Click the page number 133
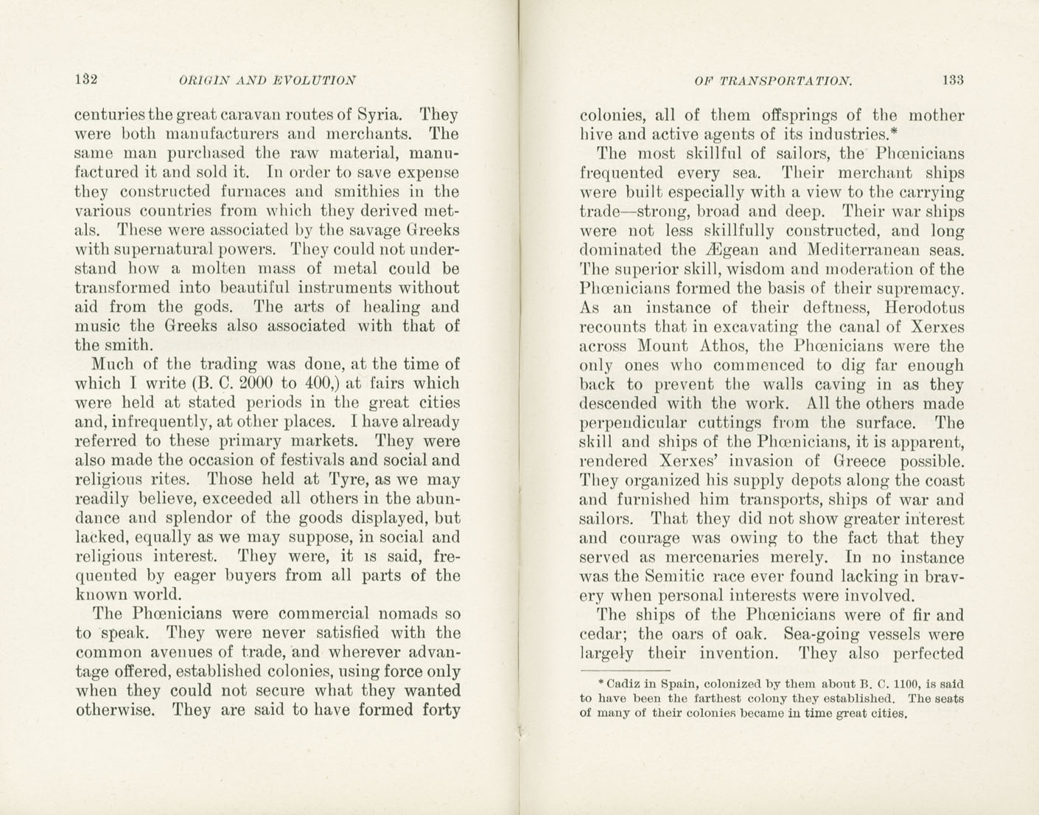(x=951, y=80)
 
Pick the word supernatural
(x=161, y=249)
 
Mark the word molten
(x=228, y=268)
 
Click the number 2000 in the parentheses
(x=248, y=384)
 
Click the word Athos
(x=724, y=346)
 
